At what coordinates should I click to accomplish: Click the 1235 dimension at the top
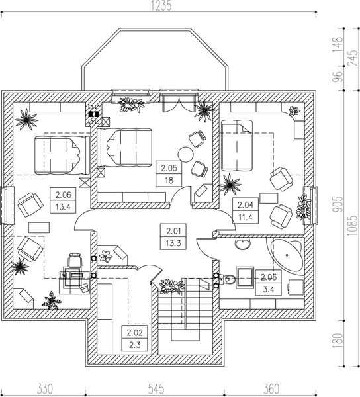[161, 5]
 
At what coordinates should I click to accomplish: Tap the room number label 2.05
[169, 168]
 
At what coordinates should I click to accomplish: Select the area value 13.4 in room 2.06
[63, 207]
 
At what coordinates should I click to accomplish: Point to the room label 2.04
[246, 205]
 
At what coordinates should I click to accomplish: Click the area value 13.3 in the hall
[173, 243]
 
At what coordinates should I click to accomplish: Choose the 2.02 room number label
[135, 332]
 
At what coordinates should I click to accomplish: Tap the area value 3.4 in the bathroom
[269, 289]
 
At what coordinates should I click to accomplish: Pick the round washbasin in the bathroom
[242, 243]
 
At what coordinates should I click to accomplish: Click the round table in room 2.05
[185, 154]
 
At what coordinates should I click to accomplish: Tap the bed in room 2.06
[62, 155]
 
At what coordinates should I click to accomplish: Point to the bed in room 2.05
[125, 148]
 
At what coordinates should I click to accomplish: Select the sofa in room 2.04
[237, 146]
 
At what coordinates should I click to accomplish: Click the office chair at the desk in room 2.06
[75, 261]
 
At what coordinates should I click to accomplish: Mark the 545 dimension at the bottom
[156, 388]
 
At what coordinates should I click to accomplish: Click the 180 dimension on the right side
[338, 341]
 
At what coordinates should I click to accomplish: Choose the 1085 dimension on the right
[353, 226]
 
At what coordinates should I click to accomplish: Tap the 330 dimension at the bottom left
[45, 388]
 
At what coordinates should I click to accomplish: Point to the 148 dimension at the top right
[338, 44]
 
